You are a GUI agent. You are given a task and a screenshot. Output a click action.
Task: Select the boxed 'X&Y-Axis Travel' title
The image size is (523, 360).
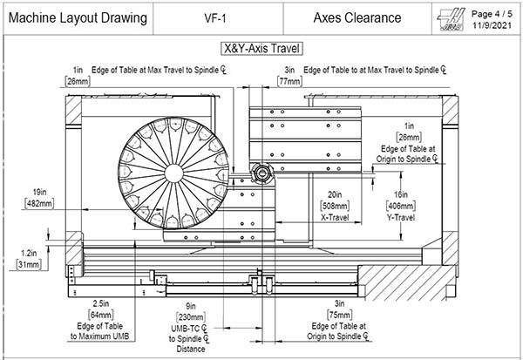pyautogui.click(x=261, y=48)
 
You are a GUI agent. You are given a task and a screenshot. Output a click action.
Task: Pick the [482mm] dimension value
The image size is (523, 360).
pyautogui.click(x=38, y=203)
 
